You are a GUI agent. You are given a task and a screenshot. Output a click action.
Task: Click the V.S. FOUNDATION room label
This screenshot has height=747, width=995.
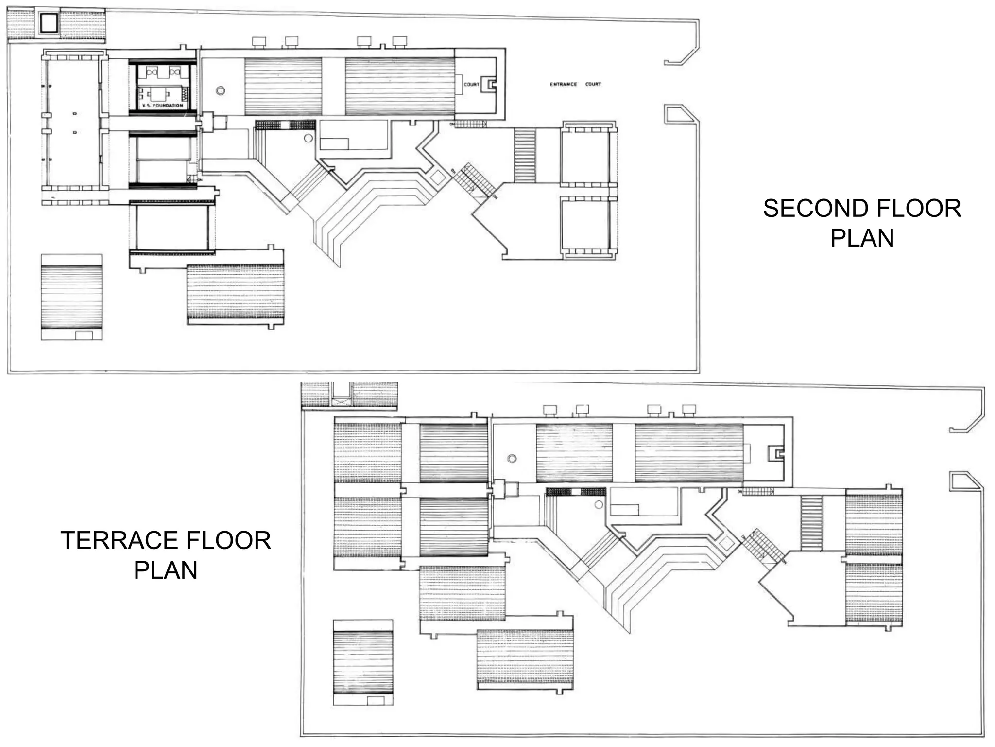162,106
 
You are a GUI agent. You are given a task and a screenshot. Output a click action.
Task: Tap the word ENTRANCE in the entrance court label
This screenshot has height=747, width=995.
563,84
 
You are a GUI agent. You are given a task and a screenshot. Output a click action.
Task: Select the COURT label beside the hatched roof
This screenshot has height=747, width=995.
471,85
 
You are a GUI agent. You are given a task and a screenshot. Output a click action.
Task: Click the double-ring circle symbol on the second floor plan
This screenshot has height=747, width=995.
221,90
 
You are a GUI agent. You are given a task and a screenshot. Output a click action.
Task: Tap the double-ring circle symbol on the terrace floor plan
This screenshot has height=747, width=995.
512,459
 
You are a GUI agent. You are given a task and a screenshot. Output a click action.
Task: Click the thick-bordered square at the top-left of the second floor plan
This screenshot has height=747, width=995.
49,23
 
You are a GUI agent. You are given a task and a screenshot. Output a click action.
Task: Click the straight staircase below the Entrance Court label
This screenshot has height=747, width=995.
524,155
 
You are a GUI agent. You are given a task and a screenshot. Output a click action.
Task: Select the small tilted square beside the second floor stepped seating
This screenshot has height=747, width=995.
438,178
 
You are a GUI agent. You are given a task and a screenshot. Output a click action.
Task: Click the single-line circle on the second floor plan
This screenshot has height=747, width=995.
308,138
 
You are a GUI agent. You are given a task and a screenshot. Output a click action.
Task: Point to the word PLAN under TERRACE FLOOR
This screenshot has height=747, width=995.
166,570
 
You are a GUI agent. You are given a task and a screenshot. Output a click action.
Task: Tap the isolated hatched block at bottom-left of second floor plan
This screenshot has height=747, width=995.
71,297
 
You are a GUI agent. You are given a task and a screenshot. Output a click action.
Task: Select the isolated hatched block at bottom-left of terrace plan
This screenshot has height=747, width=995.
363,662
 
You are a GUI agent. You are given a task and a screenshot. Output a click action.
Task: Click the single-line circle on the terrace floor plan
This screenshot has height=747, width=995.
599,505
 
